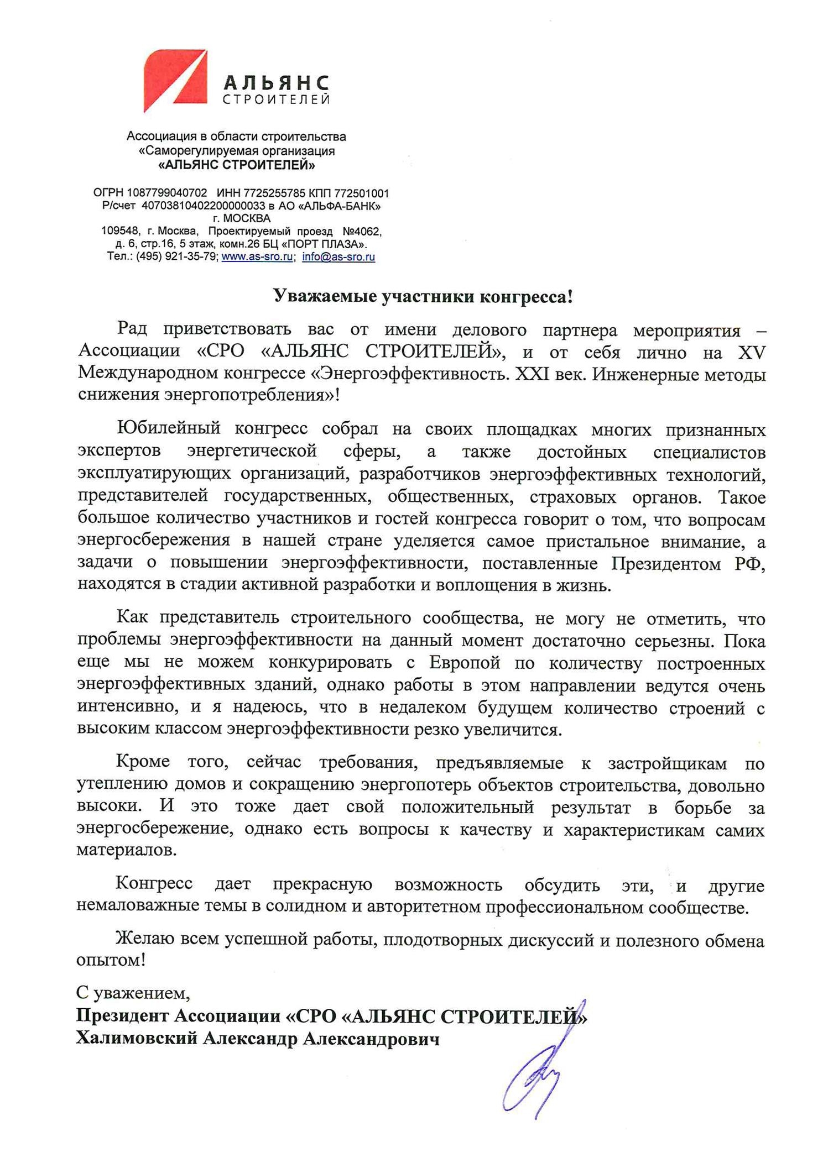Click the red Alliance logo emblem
coord(175,80)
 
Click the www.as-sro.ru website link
coord(257,256)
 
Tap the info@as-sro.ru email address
coord(338,256)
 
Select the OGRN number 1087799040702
coord(166,193)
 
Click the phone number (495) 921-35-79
coord(176,256)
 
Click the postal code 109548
coord(119,230)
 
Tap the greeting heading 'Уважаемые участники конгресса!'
coord(423,297)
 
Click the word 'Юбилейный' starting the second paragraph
coord(169,428)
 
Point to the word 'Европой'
coord(464,662)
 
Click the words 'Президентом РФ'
coord(688,564)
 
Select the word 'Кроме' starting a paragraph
coord(143,762)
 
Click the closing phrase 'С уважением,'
coord(133,993)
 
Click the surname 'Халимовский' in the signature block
coord(136,1039)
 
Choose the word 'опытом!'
coord(111,960)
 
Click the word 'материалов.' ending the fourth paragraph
coord(127,850)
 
